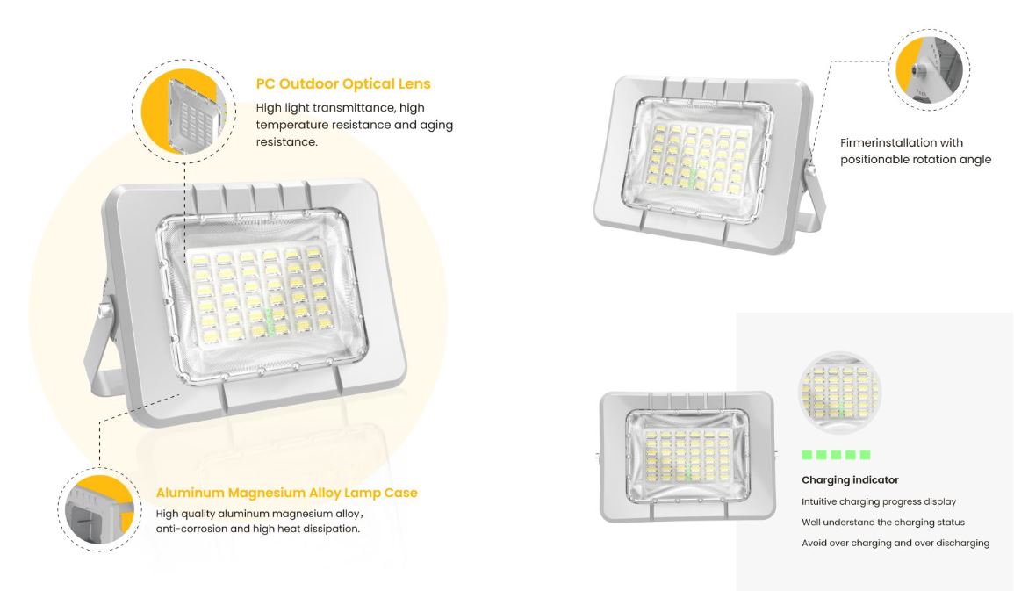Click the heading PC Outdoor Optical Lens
pyautogui.click(x=343, y=83)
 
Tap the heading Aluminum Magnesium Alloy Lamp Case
pyautogui.click(x=286, y=493)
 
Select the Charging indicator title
pyautogui.click(x=851, y=479)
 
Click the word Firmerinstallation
pyautogui.click(x=883, y=142)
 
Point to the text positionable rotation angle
pyautogui.click(x=916, y=160)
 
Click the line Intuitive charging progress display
pyautogui.click(x=879, y=501)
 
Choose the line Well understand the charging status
pyautogui.click(x=883, y=523)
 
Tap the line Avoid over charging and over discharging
pyautogui.click(x=895, y=544)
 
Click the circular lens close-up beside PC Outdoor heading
pyautogui.click(x=183, y=112)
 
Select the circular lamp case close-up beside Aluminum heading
pyautogui.click(x=99, y=509)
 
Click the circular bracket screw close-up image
pyautogui.click(x=930, y=70)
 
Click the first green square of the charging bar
pyautogui.click(x=807, y=455)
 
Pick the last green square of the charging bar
pyautogui.click(x=866, y=455)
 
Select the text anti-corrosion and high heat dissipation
pyautogui.click(x=258, y=529)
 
